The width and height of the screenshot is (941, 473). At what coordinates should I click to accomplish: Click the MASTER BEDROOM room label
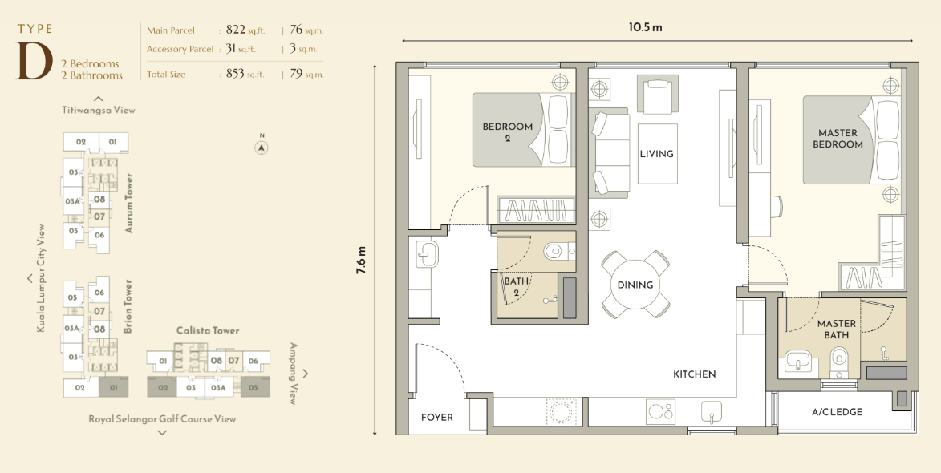click(x=838, y=139)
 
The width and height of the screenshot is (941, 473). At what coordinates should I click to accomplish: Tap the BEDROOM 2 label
click(x=508, y=132)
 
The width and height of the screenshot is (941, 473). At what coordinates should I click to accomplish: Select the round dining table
click(x=635, y=285)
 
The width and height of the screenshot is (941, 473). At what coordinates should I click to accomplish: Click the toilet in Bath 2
click(x=559, y=251)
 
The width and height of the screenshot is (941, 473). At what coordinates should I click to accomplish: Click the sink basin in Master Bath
click(x=797, y=362)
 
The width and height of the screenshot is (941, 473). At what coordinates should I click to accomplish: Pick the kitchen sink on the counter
click(x=712, y=411)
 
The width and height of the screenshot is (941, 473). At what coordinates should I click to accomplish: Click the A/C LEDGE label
click(x=838, y=412)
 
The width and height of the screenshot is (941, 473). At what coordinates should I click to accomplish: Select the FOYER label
click(x=437, y=417)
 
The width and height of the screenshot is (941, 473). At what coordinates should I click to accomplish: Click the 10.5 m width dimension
click(x=646, y=27)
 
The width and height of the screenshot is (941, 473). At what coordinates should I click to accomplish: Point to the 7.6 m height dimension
click(x=361, y=261)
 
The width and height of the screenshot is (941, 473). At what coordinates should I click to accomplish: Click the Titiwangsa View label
click(x=99, y=110)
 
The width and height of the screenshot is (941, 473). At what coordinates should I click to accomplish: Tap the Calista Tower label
click(x=208, y=330)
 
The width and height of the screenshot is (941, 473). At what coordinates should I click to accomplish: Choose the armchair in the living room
click(x=658, y=94)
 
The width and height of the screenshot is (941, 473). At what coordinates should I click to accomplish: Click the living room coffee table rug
click(x=657, y=153)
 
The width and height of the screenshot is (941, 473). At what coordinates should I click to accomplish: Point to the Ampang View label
click(x=294, y=374)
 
